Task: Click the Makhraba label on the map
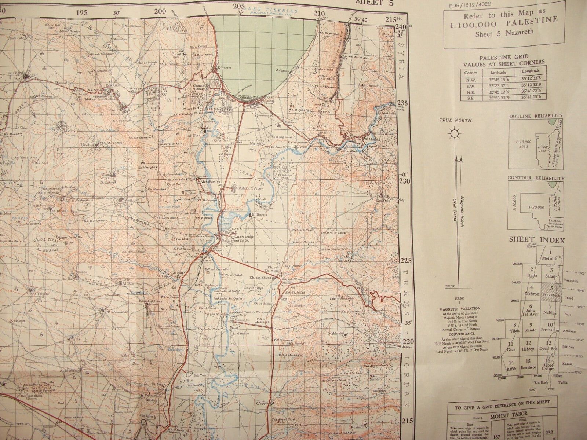336,334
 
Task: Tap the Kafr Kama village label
17,73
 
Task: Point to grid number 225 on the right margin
405,261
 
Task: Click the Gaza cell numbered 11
511,347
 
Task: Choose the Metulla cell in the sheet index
550,256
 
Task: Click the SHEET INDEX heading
536,240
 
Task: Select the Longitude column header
529,70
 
